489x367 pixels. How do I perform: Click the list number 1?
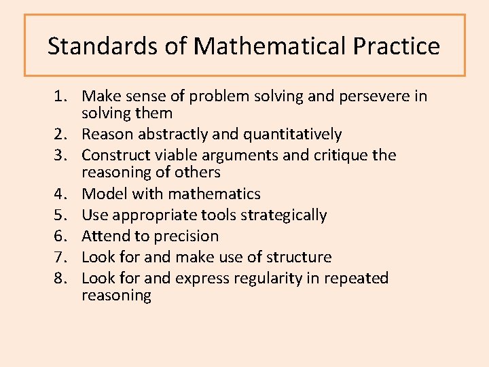tap(60, 97)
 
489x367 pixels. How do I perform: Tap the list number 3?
tap(60, 156)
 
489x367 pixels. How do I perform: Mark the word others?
tap(198, 173)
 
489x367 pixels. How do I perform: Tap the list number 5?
tap(60, 215)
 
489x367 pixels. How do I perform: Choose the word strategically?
tap(287, 215)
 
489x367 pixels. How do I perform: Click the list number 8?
tap(60, 279)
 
